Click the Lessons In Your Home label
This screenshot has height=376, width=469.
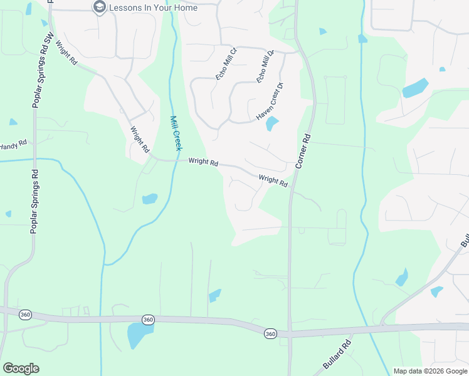pos(153,8)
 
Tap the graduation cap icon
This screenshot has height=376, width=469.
pos(99,8)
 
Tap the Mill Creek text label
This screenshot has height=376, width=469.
pos(176,133)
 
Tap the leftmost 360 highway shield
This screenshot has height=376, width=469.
pos(25,315)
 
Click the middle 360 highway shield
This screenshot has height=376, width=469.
pos(148,320)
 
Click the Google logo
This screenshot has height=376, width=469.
pos(21,368)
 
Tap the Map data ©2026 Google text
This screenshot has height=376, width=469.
pos(429,371)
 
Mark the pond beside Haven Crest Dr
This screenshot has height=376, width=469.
pos(272,123)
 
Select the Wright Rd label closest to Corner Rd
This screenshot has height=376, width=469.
pos(273,181)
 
